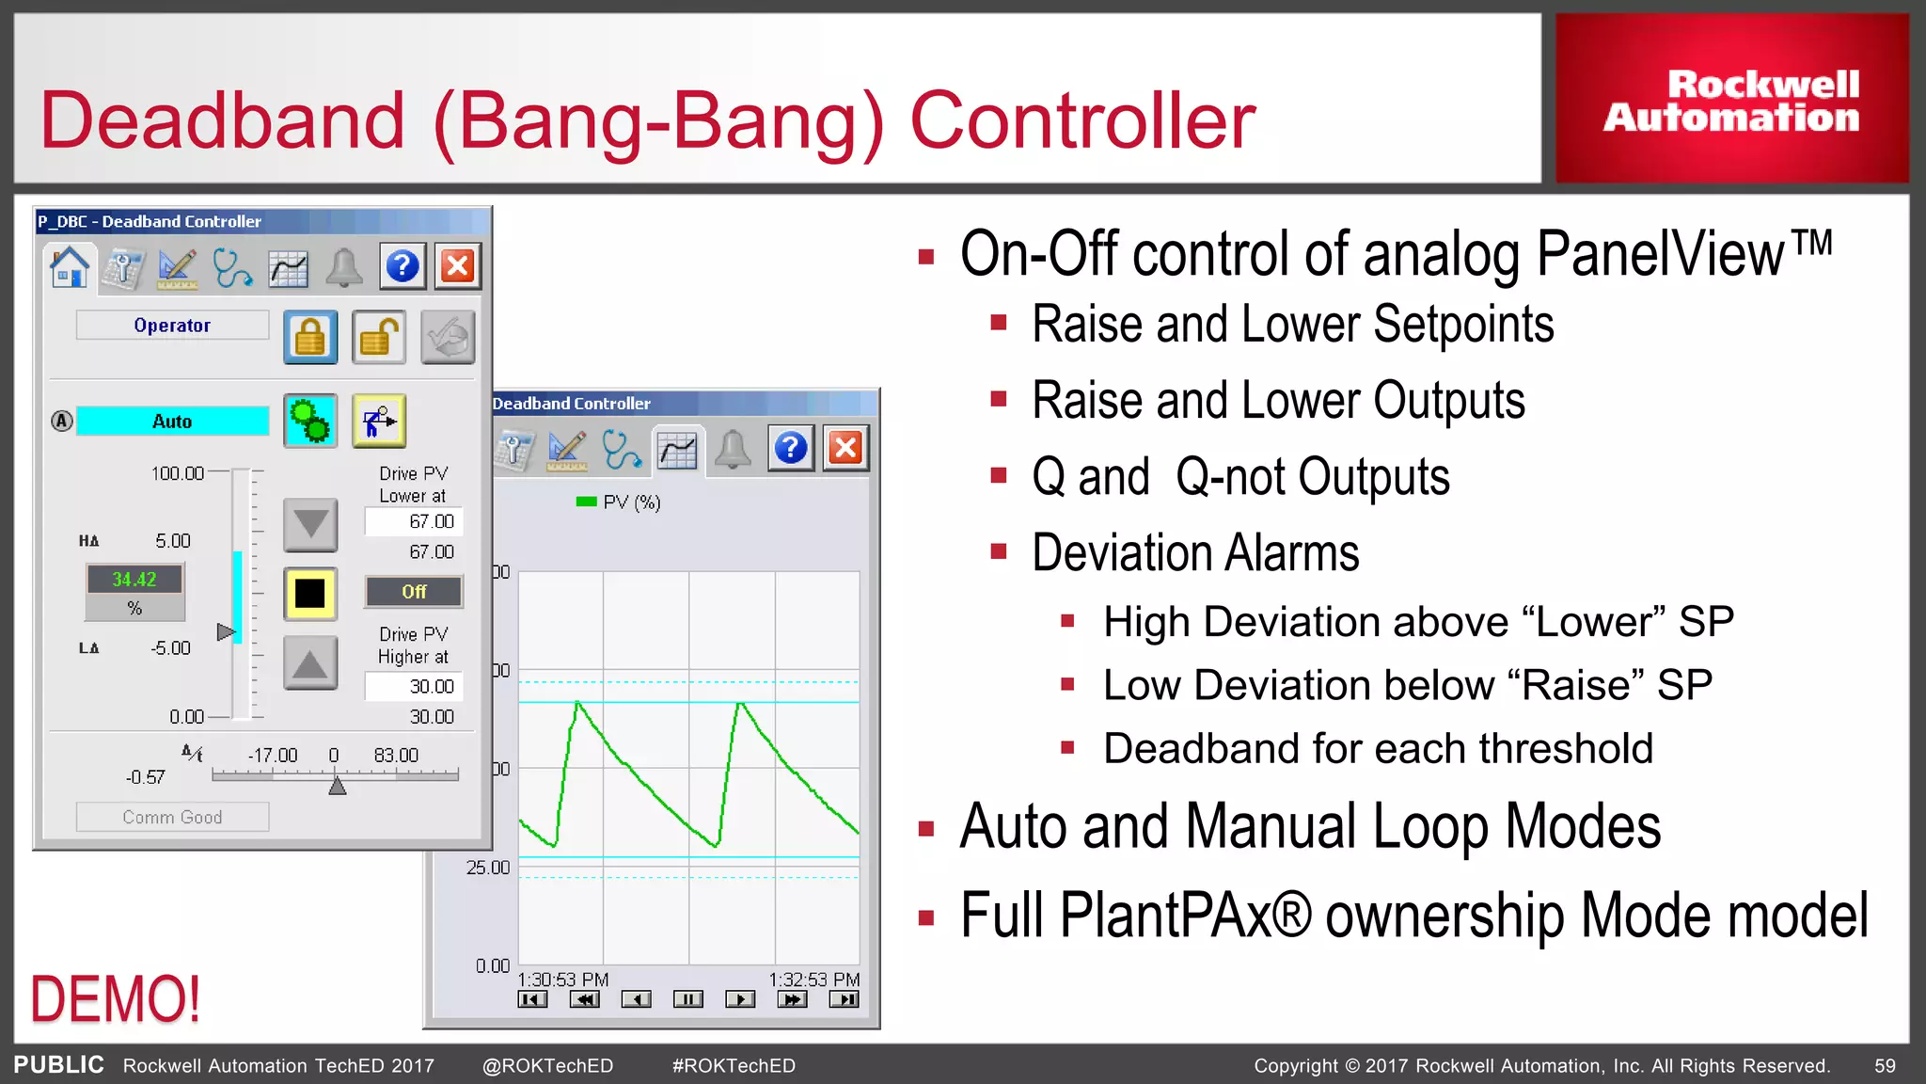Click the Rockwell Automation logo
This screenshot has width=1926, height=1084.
pyautogui.click(x=1731, y=100)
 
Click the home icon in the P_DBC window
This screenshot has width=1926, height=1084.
pyautogui.click(x=70, y=267)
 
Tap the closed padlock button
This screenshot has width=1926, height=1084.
pyautogui.click(x=310, y=337)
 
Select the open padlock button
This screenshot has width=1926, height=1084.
pyautogui.click(x=379, y=337)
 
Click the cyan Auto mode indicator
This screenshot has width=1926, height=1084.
pyautogui.click(x=172, y=422)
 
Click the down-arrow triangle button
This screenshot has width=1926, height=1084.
pyautogui.click(x=310, y=524)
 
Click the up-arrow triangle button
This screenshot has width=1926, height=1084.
pyautogui.click(x=310, y=663)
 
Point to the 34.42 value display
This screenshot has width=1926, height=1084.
pyautogui.click(x=134, y=580)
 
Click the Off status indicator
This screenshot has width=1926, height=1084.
pyautogui.click(x=414, y=592)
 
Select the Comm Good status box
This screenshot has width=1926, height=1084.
pyautogui.click(x=172, y=817)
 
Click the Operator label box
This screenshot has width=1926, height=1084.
pyautogui.click(x=172, y=326)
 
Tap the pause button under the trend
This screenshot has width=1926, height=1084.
pyautogui.click(x=687, y=999)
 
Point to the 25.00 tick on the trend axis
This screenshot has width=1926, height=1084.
pyautogui.click(x=488, y=868)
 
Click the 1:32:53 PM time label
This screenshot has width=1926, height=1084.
pyautogui.click(x=813, y=980)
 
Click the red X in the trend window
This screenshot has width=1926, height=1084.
pyautogui.click(x=845, y=448)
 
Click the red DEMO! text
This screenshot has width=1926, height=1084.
pyautogui.click(x=115, y=998)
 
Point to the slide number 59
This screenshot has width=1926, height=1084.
pyautogui.click(x=1885, y=1066)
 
